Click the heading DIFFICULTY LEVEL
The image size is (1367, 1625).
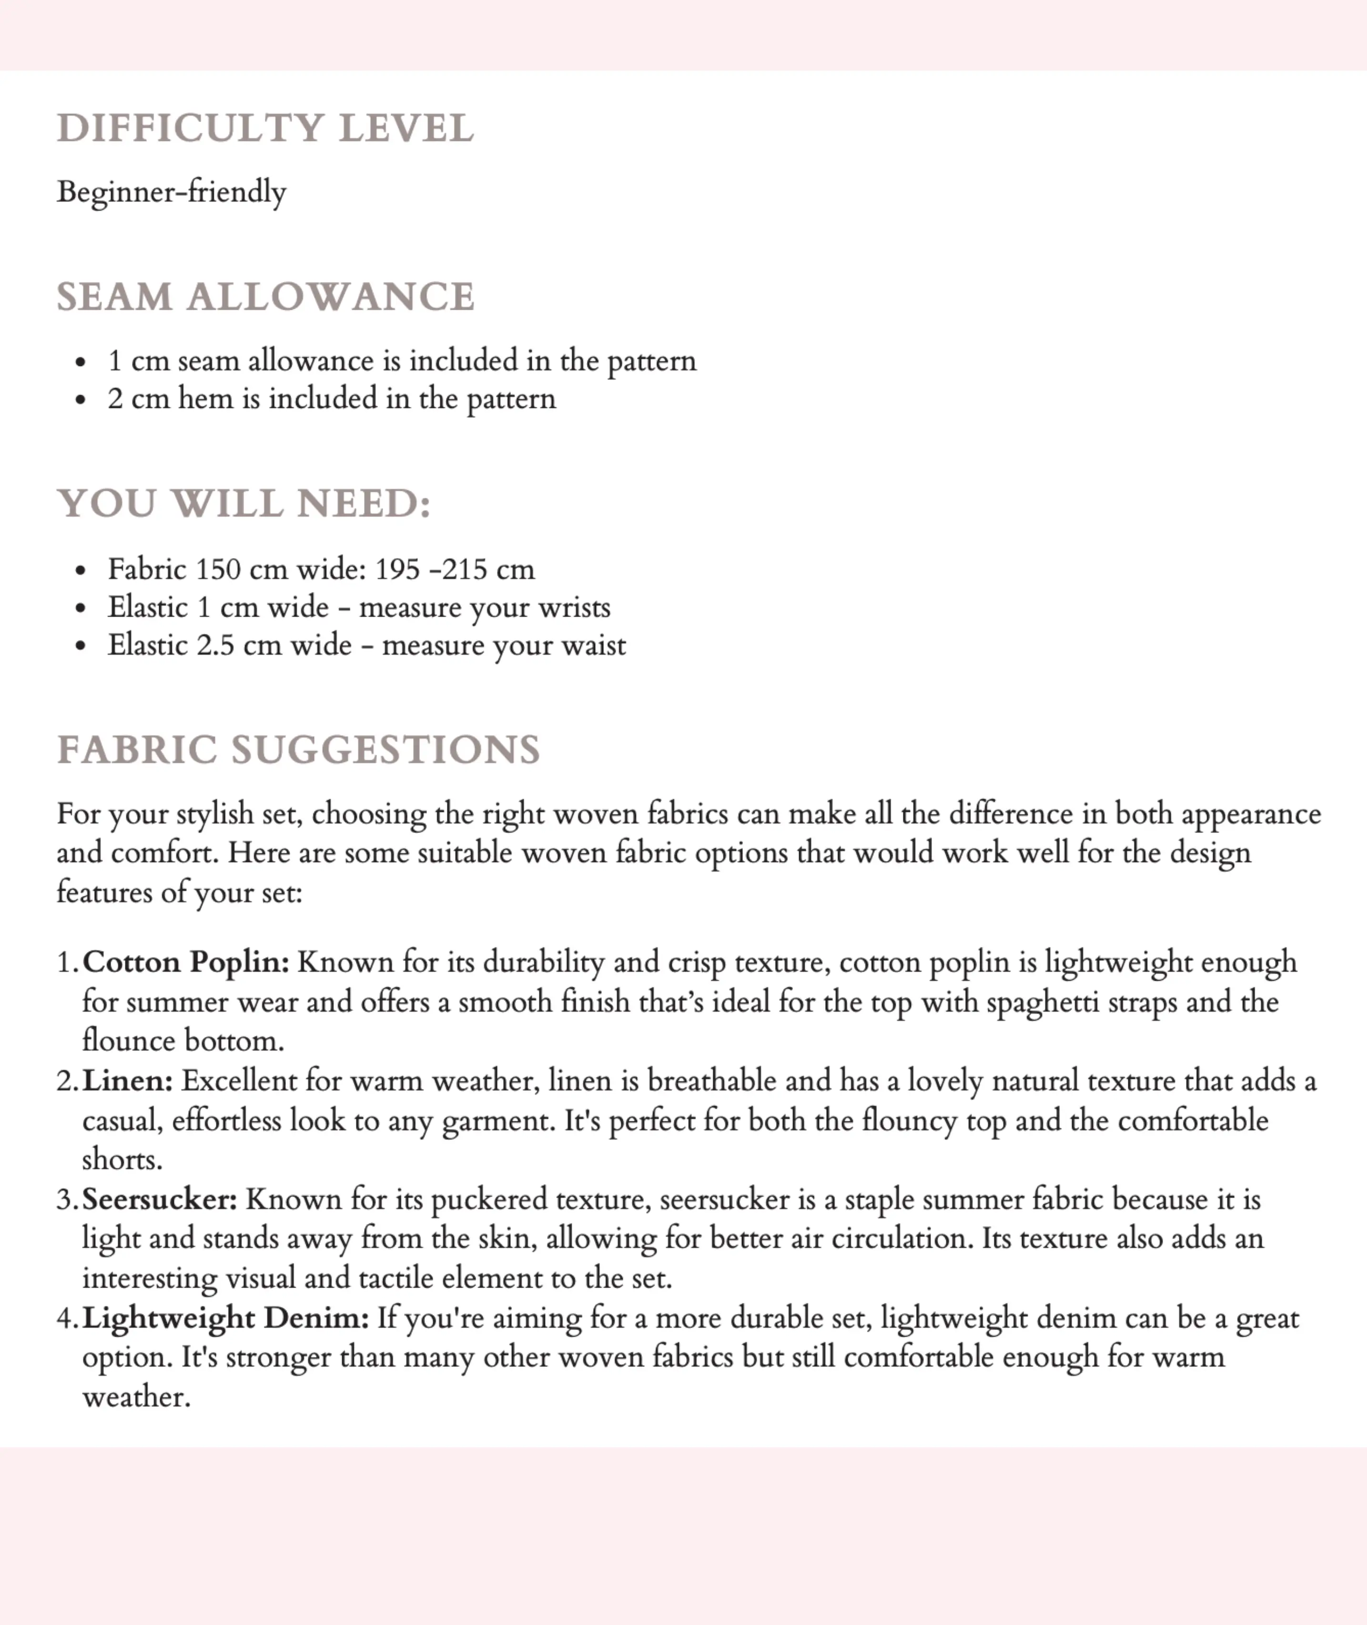point(265,129)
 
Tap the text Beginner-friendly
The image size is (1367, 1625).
point(171,192)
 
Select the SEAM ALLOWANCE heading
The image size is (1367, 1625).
point(265,297)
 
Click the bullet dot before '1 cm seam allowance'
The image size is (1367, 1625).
point(81,362)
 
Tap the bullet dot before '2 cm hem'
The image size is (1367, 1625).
point(81,400)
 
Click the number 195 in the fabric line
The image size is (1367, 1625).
point(397,569)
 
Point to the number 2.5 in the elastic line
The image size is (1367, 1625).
point(215,646)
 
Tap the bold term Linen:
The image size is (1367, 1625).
point(128,1080)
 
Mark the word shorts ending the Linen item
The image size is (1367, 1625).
point(121,1160)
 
